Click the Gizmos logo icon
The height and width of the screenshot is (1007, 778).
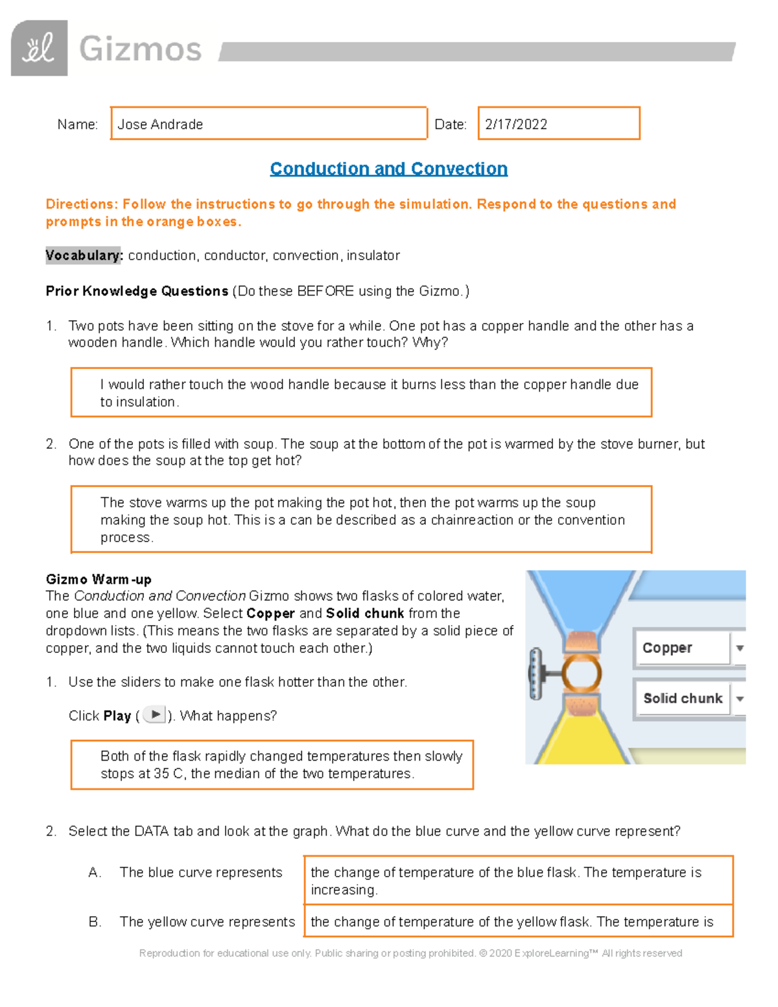pyautogui.click(x=39, y=48)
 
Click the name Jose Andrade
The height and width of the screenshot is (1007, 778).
pyautogui.click(x=160, y=124)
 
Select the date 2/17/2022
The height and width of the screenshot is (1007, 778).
pyautogui.click(x=516, y=124)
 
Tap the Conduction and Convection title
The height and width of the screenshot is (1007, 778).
pyautogui.click(x=388, y=169)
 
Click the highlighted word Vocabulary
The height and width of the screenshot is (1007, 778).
pyautogui.click(x=84, y=255)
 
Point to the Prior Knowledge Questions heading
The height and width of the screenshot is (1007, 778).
pyautogui.click(x=137, y=291)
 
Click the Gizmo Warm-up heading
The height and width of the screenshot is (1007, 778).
pyautogui.click(x=99, y=579)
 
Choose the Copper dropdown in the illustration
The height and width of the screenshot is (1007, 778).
pyautogui.click(x=687, y=648)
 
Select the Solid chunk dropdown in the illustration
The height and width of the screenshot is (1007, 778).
pyautogui.click(x=687, y=698)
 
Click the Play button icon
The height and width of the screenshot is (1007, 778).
pyautogui.click(x=154, y=715)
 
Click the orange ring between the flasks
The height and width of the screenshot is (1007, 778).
pyautogui.click(x=582, y=672)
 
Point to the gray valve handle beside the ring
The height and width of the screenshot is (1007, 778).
pyautogui.click(x=536, y=674)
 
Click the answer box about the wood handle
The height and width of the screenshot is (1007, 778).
pyautogui.click(x=361, y=393)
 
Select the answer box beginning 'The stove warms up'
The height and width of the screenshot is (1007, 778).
pyautogui.click(x=361, y=519)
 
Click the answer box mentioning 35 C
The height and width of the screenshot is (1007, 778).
pyautogui.click(x=272, y=764)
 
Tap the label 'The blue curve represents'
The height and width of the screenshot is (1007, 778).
pyautogui.click(x=201, y=873)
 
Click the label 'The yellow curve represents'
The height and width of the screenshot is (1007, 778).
pyautogui.click(x=207, y=922)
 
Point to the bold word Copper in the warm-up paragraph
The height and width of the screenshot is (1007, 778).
pyautogui.click(x=270, y=613)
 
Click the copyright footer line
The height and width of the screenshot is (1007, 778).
pyautogui.click(x=410, y=953)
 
